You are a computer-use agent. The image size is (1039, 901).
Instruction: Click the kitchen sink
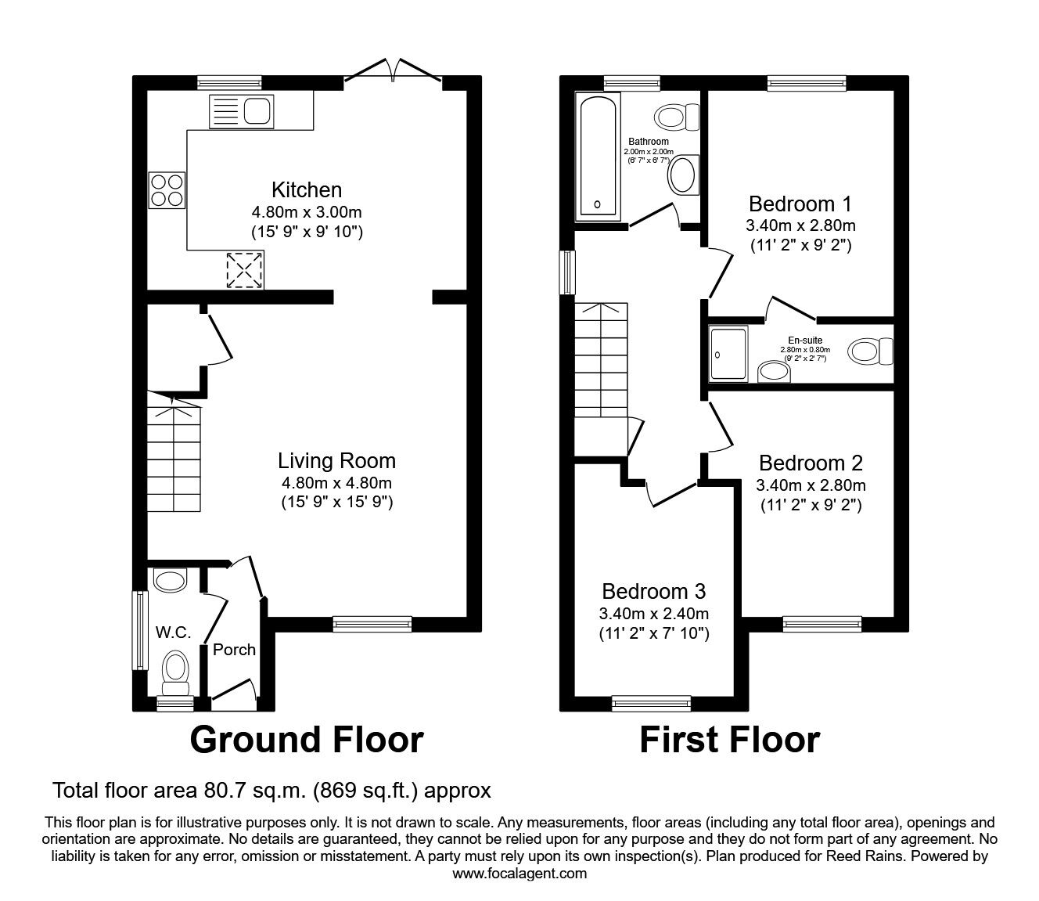pyautogui.click(x=240, y=111)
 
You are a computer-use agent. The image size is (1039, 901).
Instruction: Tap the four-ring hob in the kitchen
pyautogui.click(x=167, y=190)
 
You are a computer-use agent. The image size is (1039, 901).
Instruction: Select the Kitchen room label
pyautogui.click(x=307, y=190)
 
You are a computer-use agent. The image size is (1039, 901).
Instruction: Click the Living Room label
pyautogui.click(x=337, y=461)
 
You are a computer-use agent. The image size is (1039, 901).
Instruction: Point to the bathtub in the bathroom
pyautogui.click(x=599, y=157)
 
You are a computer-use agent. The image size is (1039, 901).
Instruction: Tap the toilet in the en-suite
pyautogui.click(x=872, y=350)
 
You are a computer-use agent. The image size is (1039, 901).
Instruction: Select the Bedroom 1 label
pyautogui.click(x=800, y=204)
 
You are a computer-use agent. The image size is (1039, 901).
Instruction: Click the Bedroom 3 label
pyautogui.click(x=654, y=591)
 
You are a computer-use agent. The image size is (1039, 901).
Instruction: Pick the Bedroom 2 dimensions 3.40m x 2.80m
pyautogui.click(x=811, y=485)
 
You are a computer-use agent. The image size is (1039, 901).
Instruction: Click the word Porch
pyautogui.click(x=234, y=649)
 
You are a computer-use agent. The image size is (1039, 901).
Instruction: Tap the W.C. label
pyautogui.click(x=173, y=633)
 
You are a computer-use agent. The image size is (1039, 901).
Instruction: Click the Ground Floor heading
pyautogui.click(x=307, y=740)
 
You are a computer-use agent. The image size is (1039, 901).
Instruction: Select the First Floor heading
pyautogui.click(x=729, y=740)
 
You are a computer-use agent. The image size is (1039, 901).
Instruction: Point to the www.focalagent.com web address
pyautogui.click(x=519, y=873)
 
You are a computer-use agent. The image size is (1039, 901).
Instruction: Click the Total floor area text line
pyautogui.click(x=271, y=791)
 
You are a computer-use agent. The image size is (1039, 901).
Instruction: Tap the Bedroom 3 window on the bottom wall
pyautogui.click(x=651, y=704)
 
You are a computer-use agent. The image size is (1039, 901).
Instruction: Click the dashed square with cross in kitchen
pyautogui.click(x=244, y=269)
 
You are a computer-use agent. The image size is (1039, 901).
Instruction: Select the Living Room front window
pyautogui.click(x=372, y=623)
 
